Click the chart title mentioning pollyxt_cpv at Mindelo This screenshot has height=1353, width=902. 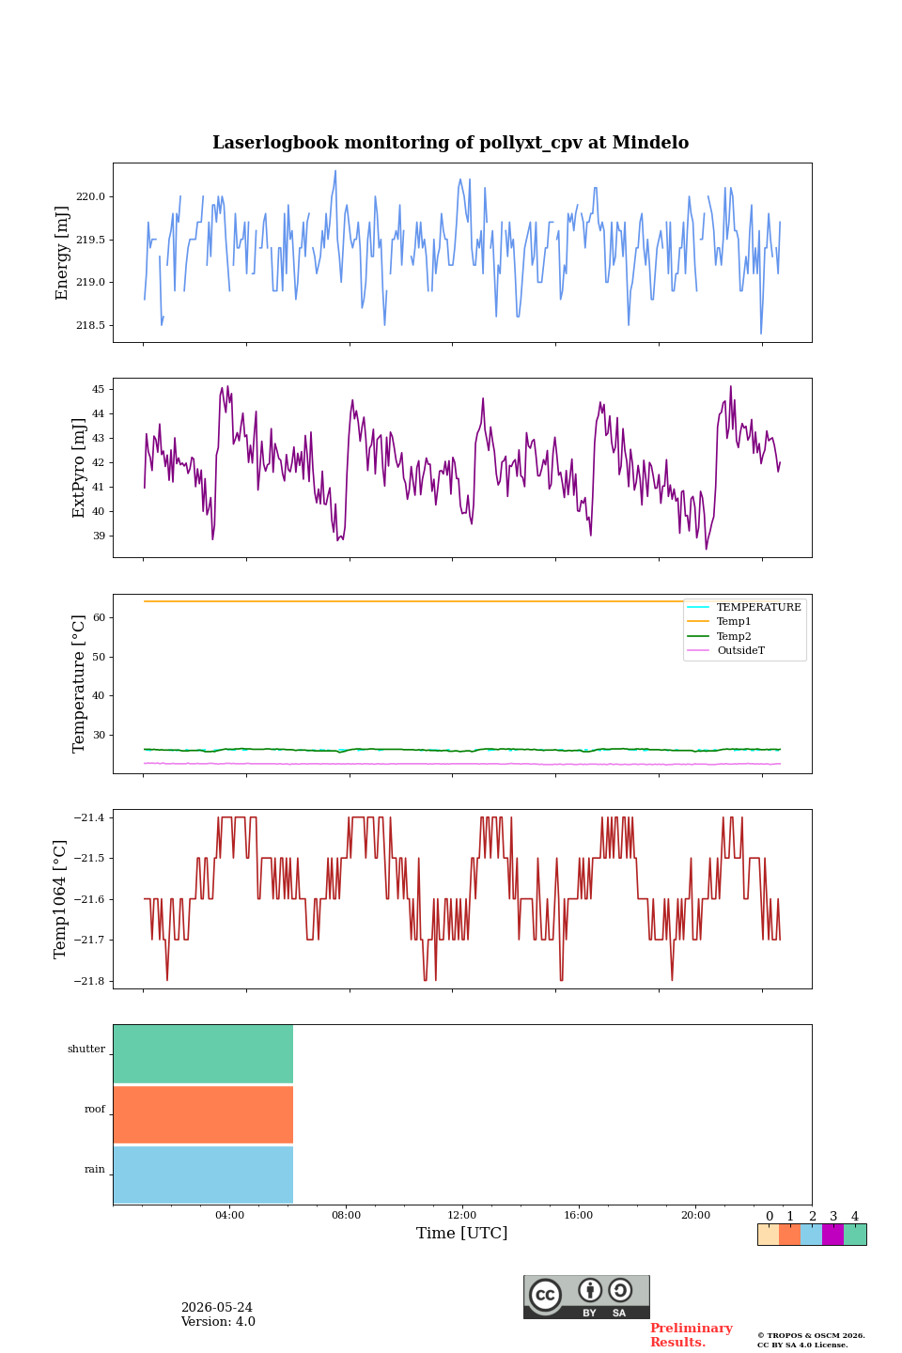pyautogui.click(x=450, y=143)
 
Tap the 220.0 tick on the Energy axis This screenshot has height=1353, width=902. pyautogui.click(x=90, y=197)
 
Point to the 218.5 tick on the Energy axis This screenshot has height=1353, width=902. pyautogui.click(x=90, y=325)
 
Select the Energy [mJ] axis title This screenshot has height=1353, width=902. pyautogui.click(x=62, y=253)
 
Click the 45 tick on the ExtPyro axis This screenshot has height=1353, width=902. pyautogui.click(x=99, y=390)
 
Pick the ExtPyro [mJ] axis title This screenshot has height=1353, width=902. pyautogui.click(x=79, y=468)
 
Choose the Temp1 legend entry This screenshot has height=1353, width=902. pyautogui.click(x=719, y=622)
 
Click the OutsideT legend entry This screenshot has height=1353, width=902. pyautogui.click(x=725, y=650)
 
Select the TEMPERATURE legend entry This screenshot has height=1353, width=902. pyautogui.click(x=744, y=607)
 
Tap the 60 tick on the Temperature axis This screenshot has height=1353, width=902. pyautogui.click(x=99, y=618)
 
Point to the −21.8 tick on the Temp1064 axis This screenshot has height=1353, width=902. pyautogui.click(x=89, y=981)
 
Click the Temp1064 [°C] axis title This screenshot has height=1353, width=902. pyautogui.click(x=59, y=899)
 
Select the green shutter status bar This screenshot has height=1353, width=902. pyautogui.click(x=203, y=1054)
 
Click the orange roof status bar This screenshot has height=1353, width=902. pyautogui.click(x=203, y=1114)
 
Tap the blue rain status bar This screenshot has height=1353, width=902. pyautogui.click(x=203, y=1174)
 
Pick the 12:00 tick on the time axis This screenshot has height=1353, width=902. pyautogui.click(x=462, y=1215)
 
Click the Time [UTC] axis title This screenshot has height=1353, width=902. pyautogui.click(x=462, y=1233)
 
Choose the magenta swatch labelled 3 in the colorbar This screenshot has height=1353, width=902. pyautogui.click(x=832, y=1235)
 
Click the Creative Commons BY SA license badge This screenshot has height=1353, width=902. pyautogui.click(x=586, y=1297)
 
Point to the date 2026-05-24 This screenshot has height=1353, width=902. pyautogui.click(x=217, y=1307)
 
